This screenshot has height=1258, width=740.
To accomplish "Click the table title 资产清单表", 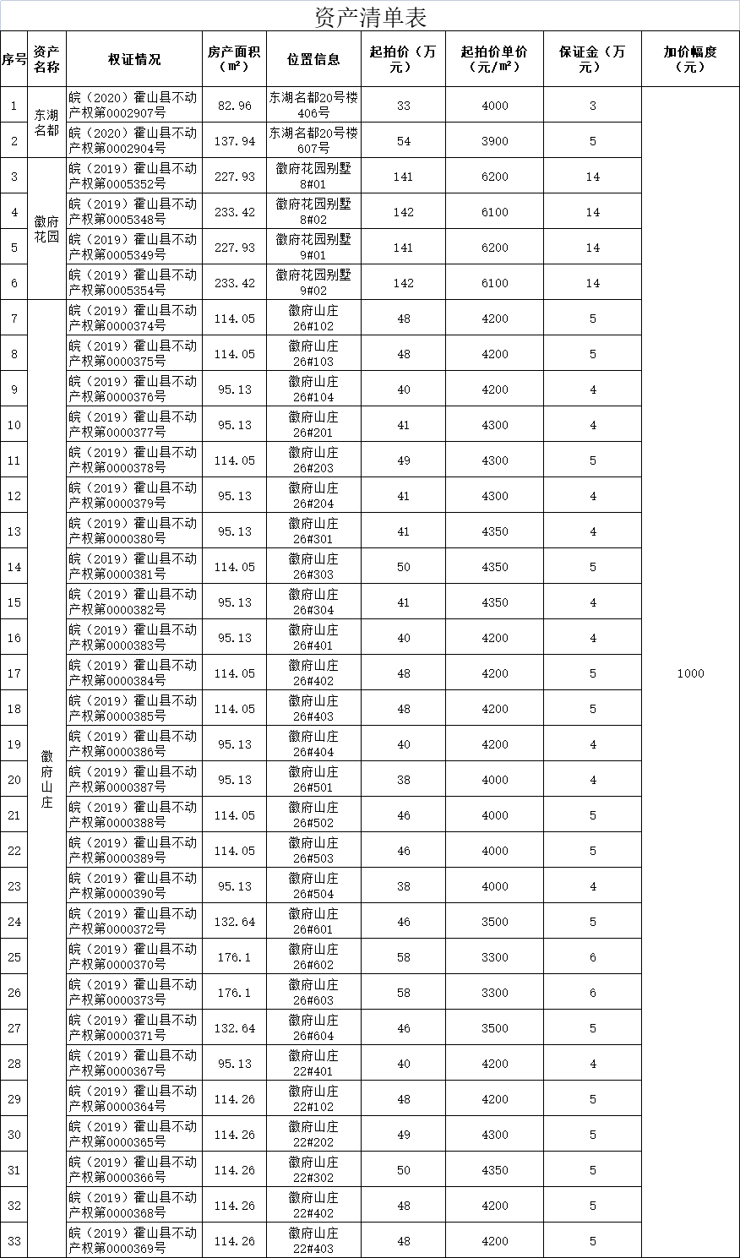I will point(370,16).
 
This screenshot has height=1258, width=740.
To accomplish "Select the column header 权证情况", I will point(134,59).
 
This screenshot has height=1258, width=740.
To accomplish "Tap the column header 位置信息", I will point(313,59).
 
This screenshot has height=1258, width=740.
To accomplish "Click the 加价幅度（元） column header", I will point(690,59).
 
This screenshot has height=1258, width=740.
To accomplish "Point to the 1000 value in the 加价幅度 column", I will point(690,673).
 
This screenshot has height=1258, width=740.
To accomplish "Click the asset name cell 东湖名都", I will point(47,123).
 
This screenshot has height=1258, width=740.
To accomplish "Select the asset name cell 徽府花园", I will point(47,228).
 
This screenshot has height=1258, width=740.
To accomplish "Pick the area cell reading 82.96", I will point(234,106).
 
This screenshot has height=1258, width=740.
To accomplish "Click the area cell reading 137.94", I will point(234,141).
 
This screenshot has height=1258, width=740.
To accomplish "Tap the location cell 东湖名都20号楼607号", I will point(313,140).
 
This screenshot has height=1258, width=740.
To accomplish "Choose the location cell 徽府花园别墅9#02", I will point(313,282).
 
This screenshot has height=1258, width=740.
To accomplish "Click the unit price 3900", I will point(495,141).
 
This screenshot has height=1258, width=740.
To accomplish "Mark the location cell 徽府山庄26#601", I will point(313,921).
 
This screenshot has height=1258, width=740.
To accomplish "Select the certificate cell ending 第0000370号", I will point(134,956).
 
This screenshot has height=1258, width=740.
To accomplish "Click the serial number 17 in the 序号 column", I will point(14,673).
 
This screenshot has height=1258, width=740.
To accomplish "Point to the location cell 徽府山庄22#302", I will point(313,1169).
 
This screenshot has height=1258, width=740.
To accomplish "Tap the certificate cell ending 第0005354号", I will point(134,282).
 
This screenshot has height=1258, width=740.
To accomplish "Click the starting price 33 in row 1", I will point(404,106).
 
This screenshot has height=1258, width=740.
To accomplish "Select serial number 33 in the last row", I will point(14,1241).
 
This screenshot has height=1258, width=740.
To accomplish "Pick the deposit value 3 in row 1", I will point(593,106).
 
